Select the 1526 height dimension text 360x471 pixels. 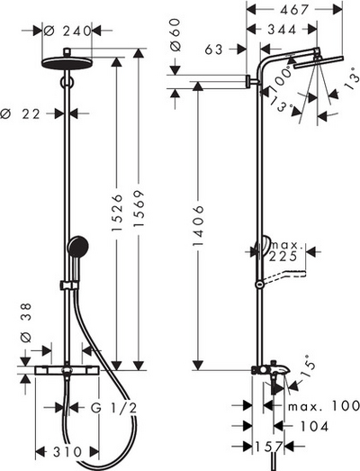(117, 222)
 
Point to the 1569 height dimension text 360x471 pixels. (140, 222)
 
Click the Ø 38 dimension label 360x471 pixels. (26, 316)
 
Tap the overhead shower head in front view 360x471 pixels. (67, 63)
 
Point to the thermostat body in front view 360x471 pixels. (67, 369)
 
